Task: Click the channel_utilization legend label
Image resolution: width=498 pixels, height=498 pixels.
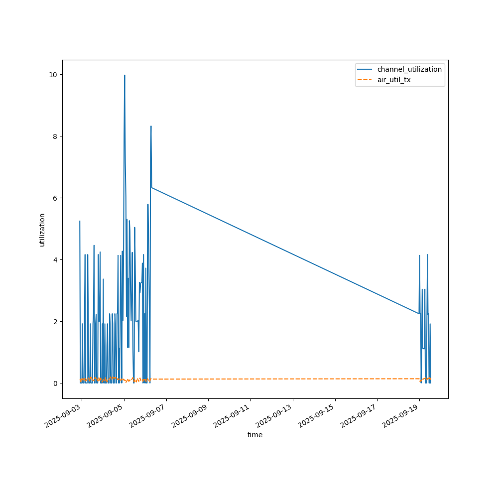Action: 409,69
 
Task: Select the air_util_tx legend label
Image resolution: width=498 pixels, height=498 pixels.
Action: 394,80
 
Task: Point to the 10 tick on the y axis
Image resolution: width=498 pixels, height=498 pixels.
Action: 52,75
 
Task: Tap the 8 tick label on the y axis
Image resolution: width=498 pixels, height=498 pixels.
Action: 55,136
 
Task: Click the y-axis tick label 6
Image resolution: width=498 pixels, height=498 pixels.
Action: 55,198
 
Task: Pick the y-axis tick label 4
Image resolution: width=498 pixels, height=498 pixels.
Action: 55,260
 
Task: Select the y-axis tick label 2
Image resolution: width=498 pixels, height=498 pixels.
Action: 55,322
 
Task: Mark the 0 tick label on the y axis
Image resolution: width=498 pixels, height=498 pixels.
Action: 55,383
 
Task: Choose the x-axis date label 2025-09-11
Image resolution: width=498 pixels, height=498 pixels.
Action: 234,418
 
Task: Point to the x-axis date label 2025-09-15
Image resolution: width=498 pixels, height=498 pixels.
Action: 318,418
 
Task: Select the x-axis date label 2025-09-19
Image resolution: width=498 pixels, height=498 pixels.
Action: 402,418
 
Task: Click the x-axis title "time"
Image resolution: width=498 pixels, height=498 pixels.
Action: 255,435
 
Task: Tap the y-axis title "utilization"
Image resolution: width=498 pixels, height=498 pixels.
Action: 42,230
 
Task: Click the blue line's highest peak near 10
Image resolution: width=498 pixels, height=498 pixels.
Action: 124,75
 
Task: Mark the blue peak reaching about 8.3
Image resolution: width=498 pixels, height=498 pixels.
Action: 151,126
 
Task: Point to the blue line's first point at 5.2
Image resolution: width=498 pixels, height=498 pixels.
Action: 80,221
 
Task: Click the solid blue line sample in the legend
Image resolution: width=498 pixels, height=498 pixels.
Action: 365,69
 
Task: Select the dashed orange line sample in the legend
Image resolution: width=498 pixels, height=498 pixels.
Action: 365,80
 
